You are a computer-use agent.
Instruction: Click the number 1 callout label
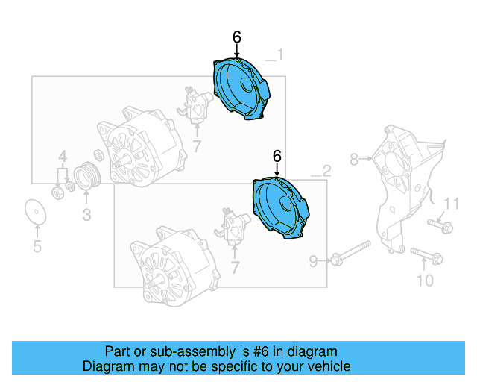279,54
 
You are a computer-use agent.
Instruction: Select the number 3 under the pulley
86,216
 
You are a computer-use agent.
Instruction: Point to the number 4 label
63,157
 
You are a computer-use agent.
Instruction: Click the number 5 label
37,246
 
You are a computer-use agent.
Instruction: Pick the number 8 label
355,159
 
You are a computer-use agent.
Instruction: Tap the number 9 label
314,260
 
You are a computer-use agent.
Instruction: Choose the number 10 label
424,281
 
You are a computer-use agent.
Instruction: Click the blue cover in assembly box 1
241,88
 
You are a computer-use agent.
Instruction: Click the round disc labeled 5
35,212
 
